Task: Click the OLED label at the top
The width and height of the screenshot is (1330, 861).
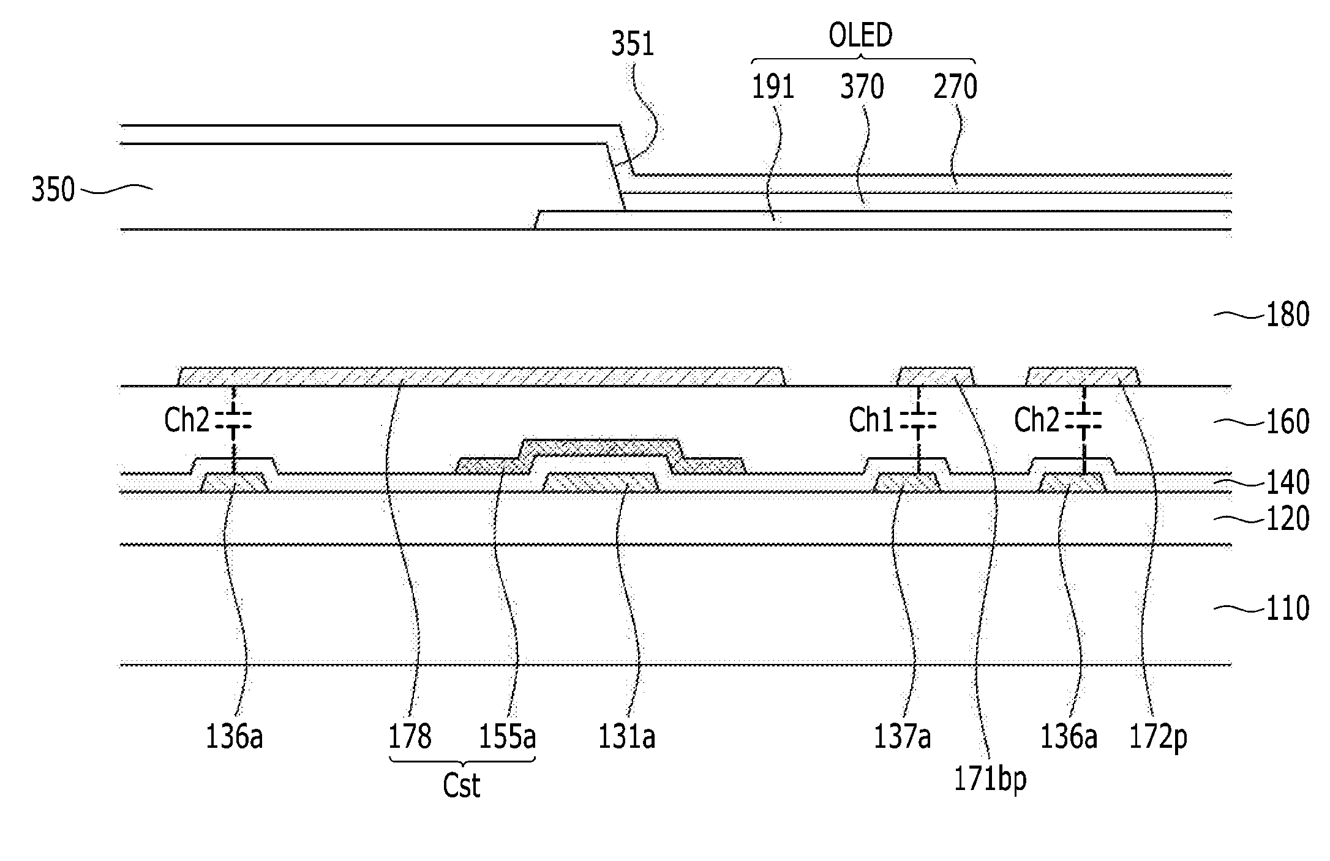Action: (x=860, y=36)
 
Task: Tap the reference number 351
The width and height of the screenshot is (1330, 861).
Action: (x=633, y=45)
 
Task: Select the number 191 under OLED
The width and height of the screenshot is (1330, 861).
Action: (x=773, y=88)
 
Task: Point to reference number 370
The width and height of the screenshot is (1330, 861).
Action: (x=862, y=88)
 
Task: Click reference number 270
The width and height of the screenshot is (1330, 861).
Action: (x=955, y=88)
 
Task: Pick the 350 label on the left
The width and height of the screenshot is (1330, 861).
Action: (x=53, y=190)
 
